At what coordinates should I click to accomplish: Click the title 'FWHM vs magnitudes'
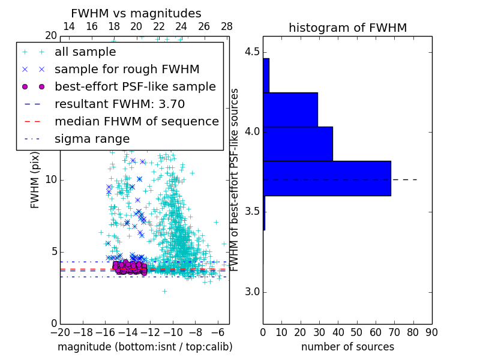coord(136,14)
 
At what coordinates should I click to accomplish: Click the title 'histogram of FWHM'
coord(347,28)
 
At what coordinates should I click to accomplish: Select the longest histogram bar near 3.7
coord(327,178)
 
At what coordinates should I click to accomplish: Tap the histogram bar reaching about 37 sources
coord(298,144)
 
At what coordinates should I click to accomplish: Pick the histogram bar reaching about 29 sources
coord(290,109)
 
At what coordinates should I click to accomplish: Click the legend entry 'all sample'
coord(85,52)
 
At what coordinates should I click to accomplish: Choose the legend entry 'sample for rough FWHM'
coord(127,69)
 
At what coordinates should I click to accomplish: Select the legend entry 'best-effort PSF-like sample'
coord(135,86)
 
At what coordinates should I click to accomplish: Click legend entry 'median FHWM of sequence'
coord(136,121)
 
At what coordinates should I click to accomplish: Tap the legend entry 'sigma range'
coord(92,139)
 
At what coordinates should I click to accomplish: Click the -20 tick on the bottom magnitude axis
coord(60,332)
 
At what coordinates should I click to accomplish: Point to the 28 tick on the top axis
coord(227,26)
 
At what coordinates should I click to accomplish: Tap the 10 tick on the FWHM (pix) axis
coord(51,180)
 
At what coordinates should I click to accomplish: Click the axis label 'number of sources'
coord(347,347)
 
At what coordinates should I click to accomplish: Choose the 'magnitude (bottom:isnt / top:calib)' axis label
coord(145,347)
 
